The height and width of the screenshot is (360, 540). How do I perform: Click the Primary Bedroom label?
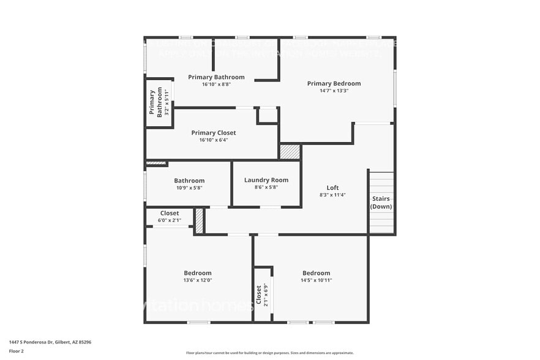(x=334, y=83)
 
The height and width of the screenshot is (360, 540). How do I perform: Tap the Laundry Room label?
(x=266, y=180)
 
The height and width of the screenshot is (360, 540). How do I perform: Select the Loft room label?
(x=332, y=188)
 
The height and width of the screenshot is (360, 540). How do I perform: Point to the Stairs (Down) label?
(x=381, y=203)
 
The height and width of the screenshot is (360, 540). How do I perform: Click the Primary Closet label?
(x=213, y=133)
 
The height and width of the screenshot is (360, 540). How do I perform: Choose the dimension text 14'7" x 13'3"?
(x=334, y=91)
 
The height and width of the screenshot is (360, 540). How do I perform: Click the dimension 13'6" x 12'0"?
(x=198, y=280)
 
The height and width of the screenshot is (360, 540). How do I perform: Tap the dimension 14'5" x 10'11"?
(x=316, y=280)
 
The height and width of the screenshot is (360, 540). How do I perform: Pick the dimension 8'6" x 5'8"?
(x=266, y=187)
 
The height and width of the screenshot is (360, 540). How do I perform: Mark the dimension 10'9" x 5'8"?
(x=189, y=188)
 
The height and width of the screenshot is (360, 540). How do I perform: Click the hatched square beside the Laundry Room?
(x=290, y=151)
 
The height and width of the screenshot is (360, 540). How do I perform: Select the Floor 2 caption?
(x=17, y=351)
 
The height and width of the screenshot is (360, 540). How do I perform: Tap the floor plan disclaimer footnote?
(x=269, y=353)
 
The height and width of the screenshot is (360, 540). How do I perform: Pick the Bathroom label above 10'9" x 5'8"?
(x=189, y=181)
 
